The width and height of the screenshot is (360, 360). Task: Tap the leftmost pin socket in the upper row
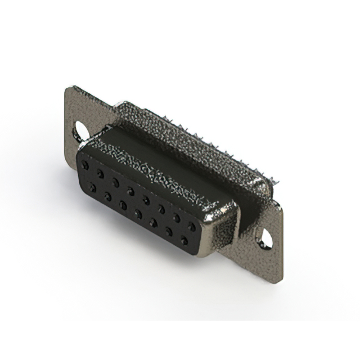(85, 164)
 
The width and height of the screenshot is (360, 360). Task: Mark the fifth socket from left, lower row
(154, 222)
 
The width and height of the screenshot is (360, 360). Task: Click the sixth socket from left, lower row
(169, 231)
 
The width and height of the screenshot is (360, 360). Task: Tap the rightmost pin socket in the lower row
(184, 240)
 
